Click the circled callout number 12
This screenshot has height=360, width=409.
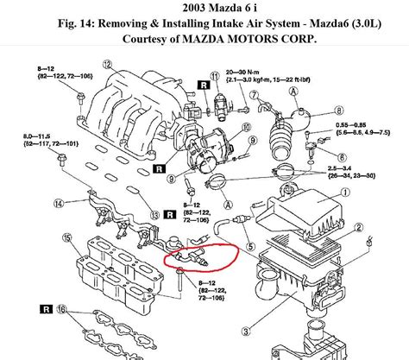[x=107, y=64]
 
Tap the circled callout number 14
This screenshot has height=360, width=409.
[x=58, y=204]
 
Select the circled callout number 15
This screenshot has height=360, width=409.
[x=66, y=237]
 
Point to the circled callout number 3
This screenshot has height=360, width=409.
[x=248, y=329]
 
